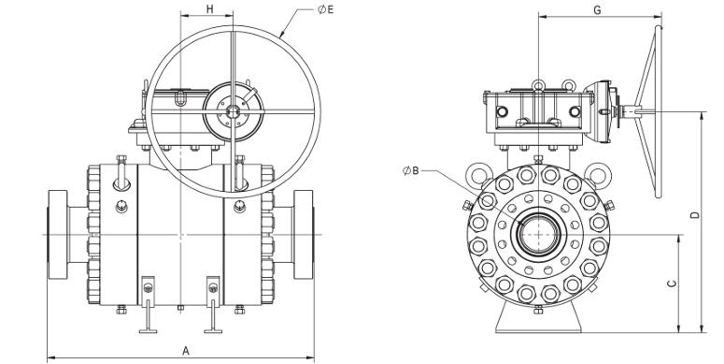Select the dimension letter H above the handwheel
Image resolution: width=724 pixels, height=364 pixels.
point(210,8)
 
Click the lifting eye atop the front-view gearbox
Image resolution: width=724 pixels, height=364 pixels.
point(538,87)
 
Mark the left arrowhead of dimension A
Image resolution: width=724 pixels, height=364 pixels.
point(50,357)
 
